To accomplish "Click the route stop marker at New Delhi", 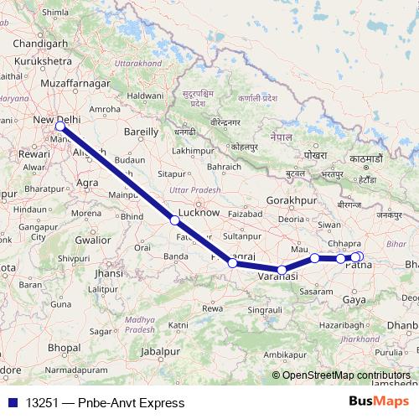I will pos(59,126).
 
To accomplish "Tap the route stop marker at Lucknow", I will pos(174,220).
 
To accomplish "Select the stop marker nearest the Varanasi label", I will pos(282,269).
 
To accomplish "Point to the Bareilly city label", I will pos(141,132).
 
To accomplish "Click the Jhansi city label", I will pos(109,273).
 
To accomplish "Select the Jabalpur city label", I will pos(161,351).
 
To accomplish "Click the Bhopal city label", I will pos(64,346).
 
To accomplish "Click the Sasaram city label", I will pos(315,291).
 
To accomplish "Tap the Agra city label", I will pos(87,182).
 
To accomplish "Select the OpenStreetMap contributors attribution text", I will pos(346,375).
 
